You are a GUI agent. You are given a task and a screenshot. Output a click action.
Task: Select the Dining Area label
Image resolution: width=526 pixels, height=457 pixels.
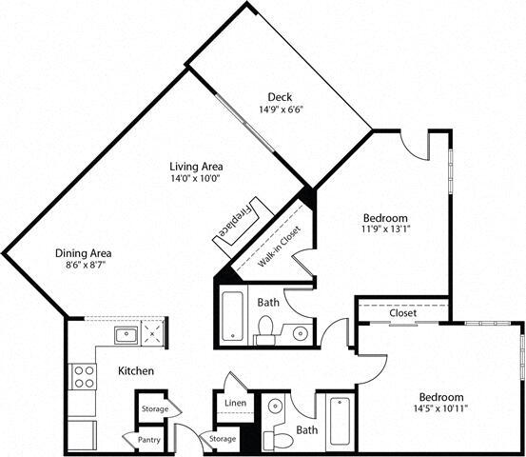[x=84, y=253]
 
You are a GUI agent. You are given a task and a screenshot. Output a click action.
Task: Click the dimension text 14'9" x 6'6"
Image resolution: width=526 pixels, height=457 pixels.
[x=279, y=110]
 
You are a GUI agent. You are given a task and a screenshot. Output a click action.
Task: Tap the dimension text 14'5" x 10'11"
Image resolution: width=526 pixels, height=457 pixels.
[x=439, y=409]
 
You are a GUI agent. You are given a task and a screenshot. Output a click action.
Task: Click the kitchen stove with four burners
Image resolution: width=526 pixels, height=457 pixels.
[x=84, y=376]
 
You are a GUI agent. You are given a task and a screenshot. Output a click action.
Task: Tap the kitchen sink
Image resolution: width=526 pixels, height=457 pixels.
[x=126, y=334]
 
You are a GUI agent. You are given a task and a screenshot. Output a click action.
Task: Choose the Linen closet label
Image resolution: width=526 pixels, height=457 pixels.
[x=235, y=404]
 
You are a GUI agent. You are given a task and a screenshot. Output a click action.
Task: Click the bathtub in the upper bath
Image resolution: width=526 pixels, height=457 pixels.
[x=233, y=317]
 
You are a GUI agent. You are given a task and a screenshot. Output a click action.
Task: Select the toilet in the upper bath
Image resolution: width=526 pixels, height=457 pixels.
[x=266, y=329]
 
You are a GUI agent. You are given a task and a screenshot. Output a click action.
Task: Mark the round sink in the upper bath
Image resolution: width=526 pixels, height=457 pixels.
[x=300, y=333]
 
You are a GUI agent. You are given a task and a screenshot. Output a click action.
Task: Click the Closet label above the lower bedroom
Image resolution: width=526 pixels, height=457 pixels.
[x=402, y=312]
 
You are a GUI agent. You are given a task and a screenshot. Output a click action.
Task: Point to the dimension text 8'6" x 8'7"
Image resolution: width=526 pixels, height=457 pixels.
[x=84, y=267]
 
